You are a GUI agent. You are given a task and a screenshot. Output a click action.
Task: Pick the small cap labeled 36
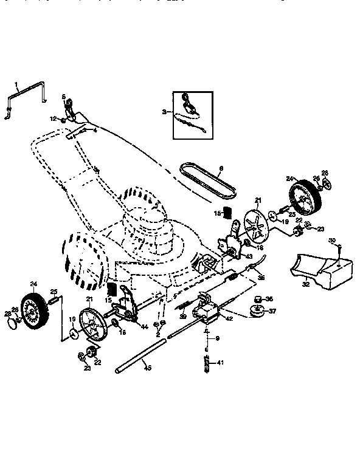256,299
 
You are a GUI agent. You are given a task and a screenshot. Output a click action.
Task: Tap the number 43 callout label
248,256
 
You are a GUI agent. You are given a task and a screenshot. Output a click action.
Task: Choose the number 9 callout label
217,338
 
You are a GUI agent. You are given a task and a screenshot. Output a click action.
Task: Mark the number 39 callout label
182,316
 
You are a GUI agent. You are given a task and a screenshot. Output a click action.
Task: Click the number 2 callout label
156,335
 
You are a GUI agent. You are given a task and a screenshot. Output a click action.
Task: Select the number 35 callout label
262,278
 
